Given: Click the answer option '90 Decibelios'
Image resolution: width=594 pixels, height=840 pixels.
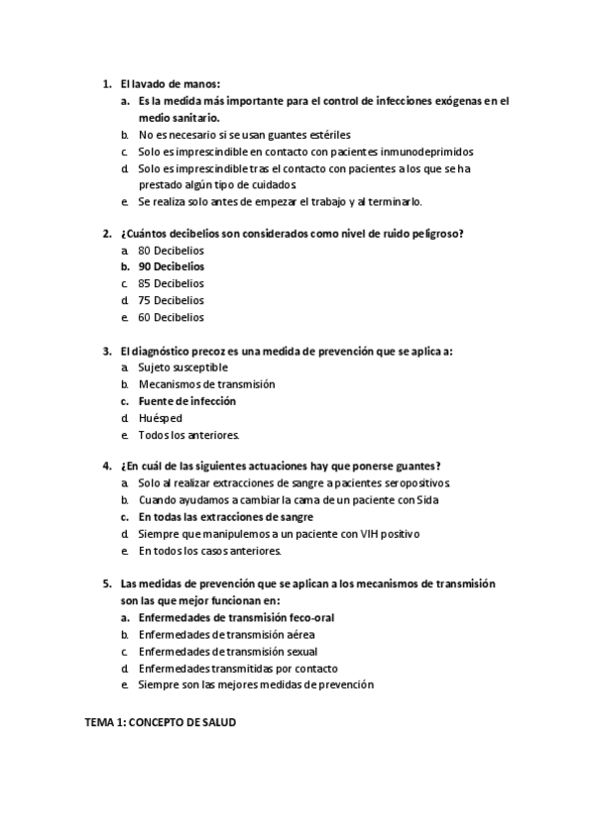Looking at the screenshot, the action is (172, 266).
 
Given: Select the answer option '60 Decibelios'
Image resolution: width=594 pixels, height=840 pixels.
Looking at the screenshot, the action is (171, 317).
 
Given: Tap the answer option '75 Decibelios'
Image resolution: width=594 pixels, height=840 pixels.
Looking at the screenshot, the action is (171, 300).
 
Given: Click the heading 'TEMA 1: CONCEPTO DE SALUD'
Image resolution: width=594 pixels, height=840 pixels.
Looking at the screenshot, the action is (159, 723).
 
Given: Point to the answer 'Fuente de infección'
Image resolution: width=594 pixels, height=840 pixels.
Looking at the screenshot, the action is (186, 401).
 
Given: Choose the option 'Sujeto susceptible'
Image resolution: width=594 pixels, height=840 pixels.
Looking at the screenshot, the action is (182, 367).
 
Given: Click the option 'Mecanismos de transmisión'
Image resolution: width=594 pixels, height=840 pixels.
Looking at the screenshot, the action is (206, 384).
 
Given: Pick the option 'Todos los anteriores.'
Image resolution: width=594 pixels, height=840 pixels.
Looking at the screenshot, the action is (188, 435).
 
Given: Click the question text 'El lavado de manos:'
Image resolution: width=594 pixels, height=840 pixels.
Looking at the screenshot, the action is (170, 84).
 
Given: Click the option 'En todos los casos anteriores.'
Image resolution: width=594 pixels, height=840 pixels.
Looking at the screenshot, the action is (210, 551).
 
